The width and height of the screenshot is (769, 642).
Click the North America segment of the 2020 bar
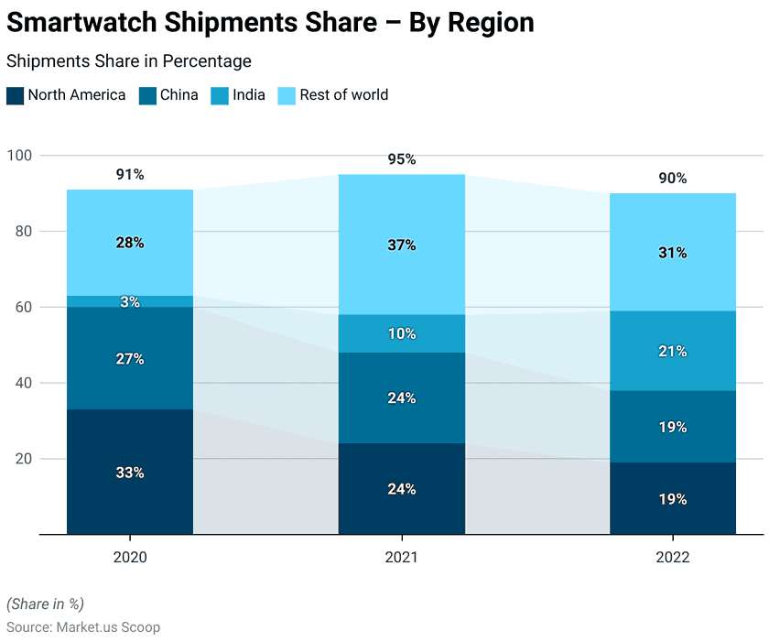pyautogui.click(x=130, y=472)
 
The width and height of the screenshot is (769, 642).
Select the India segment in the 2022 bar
pyautogui.click(x=673, y=351)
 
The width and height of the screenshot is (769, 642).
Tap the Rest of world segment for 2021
pyautogui.click(x=401, y=245)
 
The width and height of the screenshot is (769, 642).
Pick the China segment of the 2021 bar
pyautogui.click(x=401, y=397)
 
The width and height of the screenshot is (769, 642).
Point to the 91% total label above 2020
pyautogui.click(x=130, y=174)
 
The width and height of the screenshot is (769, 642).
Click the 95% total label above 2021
pyautogui.click(x=401, y=159)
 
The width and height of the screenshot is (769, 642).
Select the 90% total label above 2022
pyautogui.click(x=673, y=178)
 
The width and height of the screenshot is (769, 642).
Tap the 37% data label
pyautogui.click(x=401, y=245)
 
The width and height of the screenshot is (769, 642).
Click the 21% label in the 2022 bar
pyautogui.click(x=673, y=351)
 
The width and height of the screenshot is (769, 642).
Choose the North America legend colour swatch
pyautogui.click(x=15, y=95)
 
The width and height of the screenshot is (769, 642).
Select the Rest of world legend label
pyautogui.click(x=344, y=94)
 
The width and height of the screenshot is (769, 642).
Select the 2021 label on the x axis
pyautogui.click(x=401, y=558)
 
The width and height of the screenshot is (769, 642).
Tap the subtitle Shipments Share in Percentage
pyautogui.click(x=129, y=61)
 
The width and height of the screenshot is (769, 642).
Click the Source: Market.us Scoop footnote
pyautogui.click(x=83, y=627)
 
